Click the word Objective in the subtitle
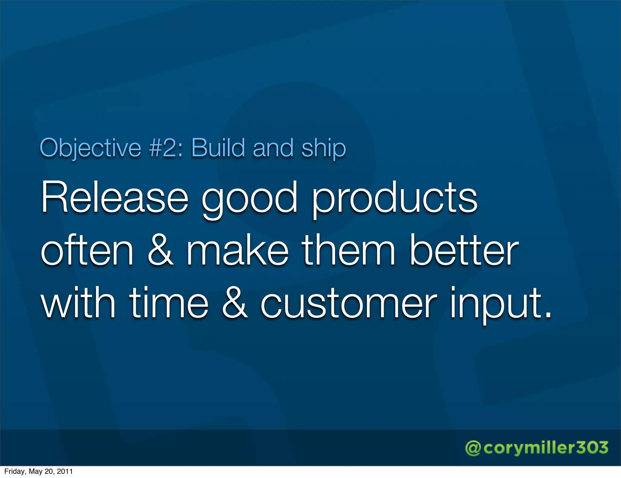(x=90, y=148)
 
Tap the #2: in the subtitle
(x=166, y=148)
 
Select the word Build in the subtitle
(x=218, y=148)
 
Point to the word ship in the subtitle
(x=324, y=148)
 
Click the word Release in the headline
(x=115, y=198)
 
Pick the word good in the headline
(x=250, y=198)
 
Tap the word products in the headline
(x=394, y=198)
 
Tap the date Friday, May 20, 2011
(x=39, y=471)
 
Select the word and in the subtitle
(x=273, y=148)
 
